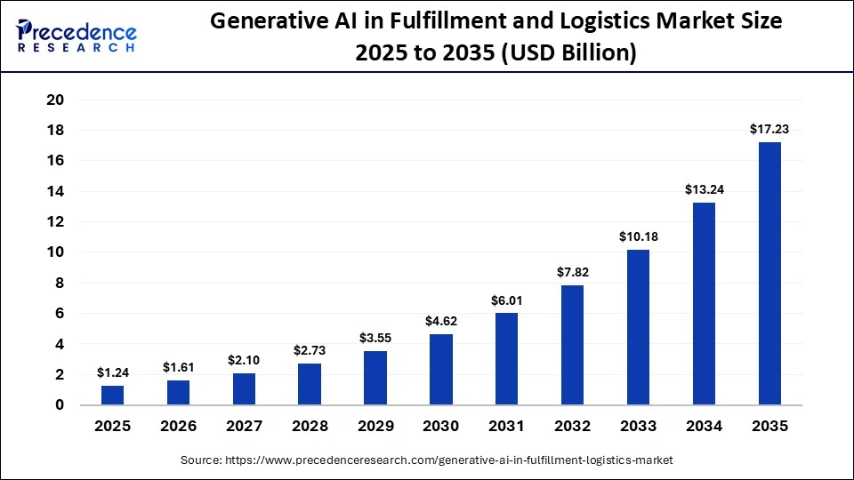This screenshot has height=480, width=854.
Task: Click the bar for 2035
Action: pyautogui.click(x=769, y=273)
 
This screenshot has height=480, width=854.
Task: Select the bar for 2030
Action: pyautogui.click(x=441, y=369)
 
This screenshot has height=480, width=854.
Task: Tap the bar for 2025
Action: pyautogui.click(x=113, y=395)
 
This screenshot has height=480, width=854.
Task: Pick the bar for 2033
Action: pyautogui.click(x=638, y=327)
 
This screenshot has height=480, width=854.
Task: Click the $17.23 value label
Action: pyautogui.click(x=769, y=129)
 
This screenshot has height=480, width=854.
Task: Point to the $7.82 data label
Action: pyautogui.click(x=572, y=272)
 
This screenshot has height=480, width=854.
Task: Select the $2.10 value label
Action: pyautogui.click(x=245, y=359)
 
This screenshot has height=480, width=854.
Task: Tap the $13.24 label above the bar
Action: pyautogui.click(x=704, y=189)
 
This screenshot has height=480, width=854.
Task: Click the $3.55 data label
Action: pyautogui.click(x=375, y=338)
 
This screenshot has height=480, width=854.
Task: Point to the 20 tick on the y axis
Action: pyautogui.click(x=55, y=100)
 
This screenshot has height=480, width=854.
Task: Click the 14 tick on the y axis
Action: pyautogui.click(x=55, y=191)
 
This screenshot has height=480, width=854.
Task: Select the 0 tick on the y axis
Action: pyautogui.click(x=60, y=405)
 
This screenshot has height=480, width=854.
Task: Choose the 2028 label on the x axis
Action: pyautogui.click(x=310, y=427)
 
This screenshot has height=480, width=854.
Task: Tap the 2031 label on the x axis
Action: pyautogui.click(x=507, y=427)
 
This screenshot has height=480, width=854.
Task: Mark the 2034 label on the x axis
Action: pyautogui.click(x=704, y=427)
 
